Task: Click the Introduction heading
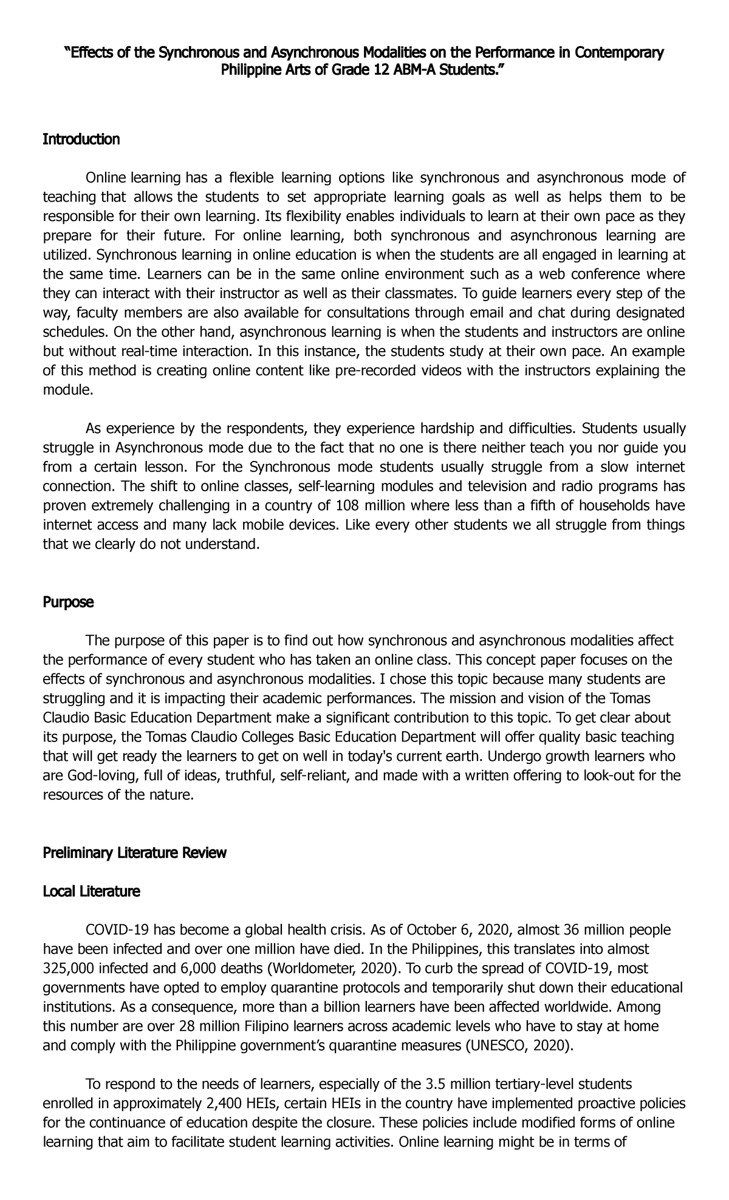point(81,140)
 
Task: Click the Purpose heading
point(68,602)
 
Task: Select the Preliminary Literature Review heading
point(134,853)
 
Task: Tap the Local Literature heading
point(91,891)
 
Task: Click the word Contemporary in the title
point(618,53)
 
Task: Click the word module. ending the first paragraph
point(68,390)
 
